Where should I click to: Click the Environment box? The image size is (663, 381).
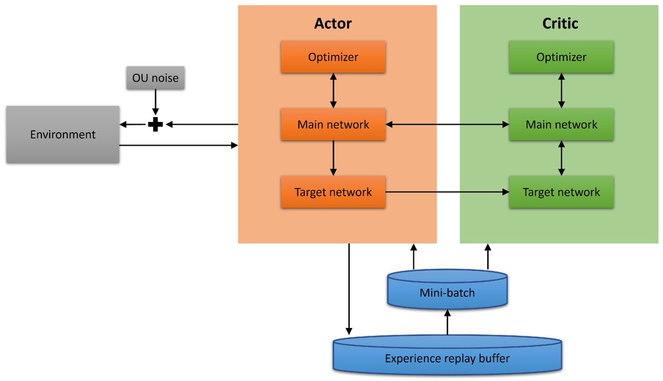[x=62, y=134]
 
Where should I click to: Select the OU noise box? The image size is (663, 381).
[x=155, y=78]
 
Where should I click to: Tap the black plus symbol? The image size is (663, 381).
[x=155, y=125]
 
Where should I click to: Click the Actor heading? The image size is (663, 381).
[x=333, y=23]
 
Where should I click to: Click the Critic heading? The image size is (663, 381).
[x=560, y=23]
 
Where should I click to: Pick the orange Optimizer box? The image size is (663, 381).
[x=333, y=57]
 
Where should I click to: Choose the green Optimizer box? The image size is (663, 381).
[x=561, y=57]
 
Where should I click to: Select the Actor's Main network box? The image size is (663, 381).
[x=333, y=124]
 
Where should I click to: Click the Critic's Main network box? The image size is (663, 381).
[x=561, y=124]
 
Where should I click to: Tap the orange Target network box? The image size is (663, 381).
[x=333, y=192]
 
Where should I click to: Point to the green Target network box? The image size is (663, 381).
[x=561, y=192]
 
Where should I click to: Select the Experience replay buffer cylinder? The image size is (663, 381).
[x=447, y=358]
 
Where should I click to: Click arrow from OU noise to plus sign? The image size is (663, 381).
[x=155, y=103]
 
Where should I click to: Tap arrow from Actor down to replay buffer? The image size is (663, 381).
[x=349, y=287]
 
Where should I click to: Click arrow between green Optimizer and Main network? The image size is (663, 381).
[x=561, y=91]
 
